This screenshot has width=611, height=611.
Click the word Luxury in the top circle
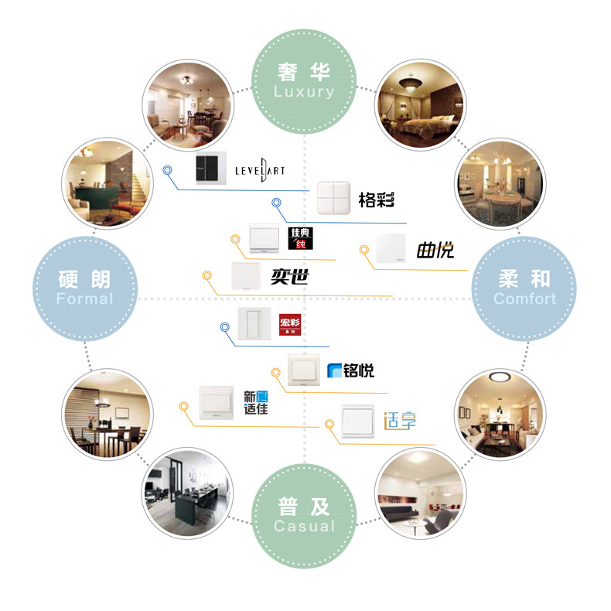coord(305,92)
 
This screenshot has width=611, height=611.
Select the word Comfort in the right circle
coord(524,299)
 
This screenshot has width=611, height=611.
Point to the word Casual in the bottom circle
coord(305,526)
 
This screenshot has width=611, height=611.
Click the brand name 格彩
coord(377,201)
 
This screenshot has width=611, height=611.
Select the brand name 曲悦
coord(435,250)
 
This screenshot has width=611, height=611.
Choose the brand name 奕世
coord(290,275)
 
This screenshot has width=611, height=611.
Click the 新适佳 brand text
coord(256,402)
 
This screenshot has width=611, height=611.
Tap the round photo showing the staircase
coord(103,179)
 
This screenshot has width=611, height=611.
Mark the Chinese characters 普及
coord(305,507)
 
